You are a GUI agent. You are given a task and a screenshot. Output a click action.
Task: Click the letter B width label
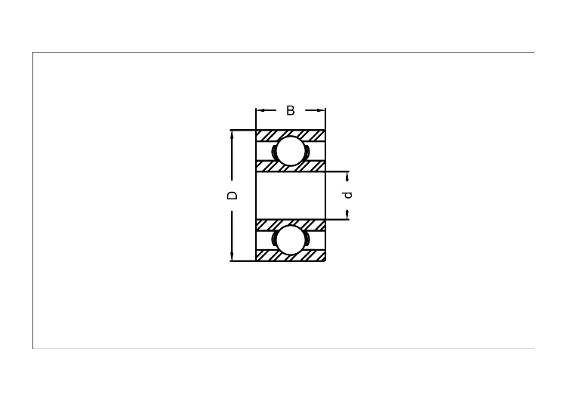point(291,110)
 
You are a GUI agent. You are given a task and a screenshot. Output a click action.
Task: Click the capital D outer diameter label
point(232,196)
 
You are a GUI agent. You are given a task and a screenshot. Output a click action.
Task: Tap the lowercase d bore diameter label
point(348,195)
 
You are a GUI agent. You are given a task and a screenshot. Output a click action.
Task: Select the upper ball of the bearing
point(291,151)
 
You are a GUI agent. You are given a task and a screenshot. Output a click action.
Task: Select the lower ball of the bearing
point(291,239)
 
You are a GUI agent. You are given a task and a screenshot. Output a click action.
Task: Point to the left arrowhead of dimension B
point(260,110)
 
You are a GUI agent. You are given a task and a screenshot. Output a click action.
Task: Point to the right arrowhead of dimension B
point(320,110)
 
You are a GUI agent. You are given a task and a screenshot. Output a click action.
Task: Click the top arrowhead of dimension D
point(232,134)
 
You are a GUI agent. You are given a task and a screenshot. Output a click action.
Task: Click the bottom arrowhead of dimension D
point(232,256)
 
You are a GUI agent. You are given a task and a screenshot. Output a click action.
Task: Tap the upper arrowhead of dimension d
point(348,176)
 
